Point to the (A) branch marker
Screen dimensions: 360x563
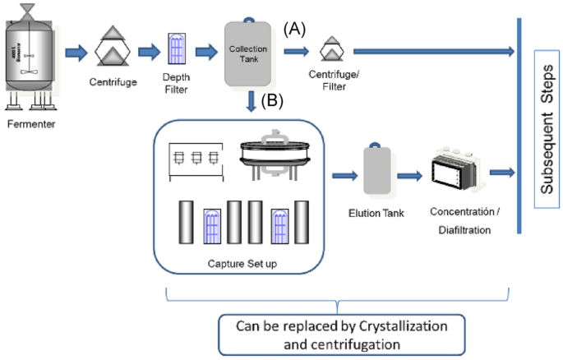[295, 29]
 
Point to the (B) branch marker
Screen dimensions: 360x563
[273, 101]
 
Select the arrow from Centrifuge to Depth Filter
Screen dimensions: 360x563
[149, 53]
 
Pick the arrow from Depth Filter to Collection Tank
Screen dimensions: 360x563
[205, 53]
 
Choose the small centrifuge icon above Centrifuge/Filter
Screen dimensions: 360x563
[330, 53]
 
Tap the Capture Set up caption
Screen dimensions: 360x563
[241, 265]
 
